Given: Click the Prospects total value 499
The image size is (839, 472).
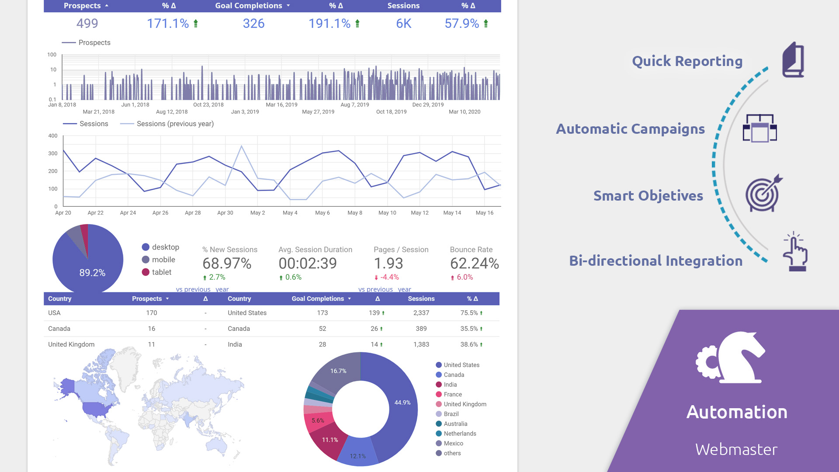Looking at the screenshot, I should pos(87,24).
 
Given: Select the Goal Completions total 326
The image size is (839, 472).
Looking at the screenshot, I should pos(253,24).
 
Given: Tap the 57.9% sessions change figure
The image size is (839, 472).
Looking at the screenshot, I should pos(462,24).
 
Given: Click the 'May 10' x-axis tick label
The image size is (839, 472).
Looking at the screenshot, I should pos(387,213).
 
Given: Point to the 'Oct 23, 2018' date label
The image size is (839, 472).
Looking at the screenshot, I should pos(208,105).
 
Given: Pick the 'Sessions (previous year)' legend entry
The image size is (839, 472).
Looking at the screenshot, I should pos(175,124).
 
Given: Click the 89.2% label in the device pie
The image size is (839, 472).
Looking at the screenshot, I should pos(92,273).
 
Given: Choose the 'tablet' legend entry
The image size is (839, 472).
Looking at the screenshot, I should pos(162,272).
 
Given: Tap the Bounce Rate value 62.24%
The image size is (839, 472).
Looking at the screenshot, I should pos(475,264).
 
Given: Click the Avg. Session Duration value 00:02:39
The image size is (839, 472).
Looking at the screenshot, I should pos(308,264).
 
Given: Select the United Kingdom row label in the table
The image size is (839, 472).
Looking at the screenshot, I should pos(71,344).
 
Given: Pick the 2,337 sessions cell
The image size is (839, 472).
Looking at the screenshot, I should pos(421,313).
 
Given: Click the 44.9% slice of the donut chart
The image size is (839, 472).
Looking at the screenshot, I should pos(402,403).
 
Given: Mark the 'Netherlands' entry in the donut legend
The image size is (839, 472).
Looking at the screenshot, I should pos(460,434).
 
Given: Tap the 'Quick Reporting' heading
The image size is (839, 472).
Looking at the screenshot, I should pos(687,61).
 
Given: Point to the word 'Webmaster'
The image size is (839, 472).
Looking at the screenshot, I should pos(736,449).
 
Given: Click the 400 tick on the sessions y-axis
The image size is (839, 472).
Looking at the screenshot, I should pos(53,136).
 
